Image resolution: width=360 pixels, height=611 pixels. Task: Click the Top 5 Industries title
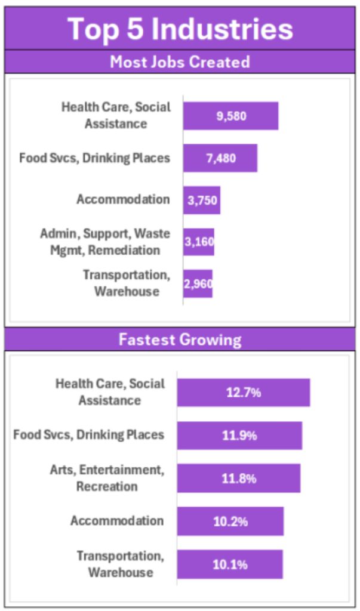180,29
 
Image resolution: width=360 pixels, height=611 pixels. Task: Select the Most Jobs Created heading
180,62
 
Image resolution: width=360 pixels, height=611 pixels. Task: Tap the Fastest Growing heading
180,340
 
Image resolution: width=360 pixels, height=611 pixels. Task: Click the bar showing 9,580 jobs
230,116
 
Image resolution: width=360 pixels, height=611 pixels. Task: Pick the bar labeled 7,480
220,158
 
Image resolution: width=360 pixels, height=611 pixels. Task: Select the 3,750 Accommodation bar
202,201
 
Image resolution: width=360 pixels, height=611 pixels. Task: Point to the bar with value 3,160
199,242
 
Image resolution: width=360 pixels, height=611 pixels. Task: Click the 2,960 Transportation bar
198,284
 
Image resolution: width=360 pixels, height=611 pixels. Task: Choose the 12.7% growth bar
243,393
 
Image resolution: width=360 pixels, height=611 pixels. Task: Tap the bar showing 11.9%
239,436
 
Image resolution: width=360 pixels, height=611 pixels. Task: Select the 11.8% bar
238,479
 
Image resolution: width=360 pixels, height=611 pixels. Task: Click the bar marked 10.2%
230,521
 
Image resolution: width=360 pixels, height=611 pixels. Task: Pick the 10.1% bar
229,564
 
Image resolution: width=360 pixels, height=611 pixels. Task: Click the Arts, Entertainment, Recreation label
106,478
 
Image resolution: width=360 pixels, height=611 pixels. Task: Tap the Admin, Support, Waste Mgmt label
104,242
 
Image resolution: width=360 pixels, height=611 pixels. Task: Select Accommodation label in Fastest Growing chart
116,521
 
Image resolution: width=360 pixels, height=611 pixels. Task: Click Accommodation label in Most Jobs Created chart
122,199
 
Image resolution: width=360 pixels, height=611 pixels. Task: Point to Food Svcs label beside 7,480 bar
94,158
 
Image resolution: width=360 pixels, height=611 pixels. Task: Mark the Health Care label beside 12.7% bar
110,392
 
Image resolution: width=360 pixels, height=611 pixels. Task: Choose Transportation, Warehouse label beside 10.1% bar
120,564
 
